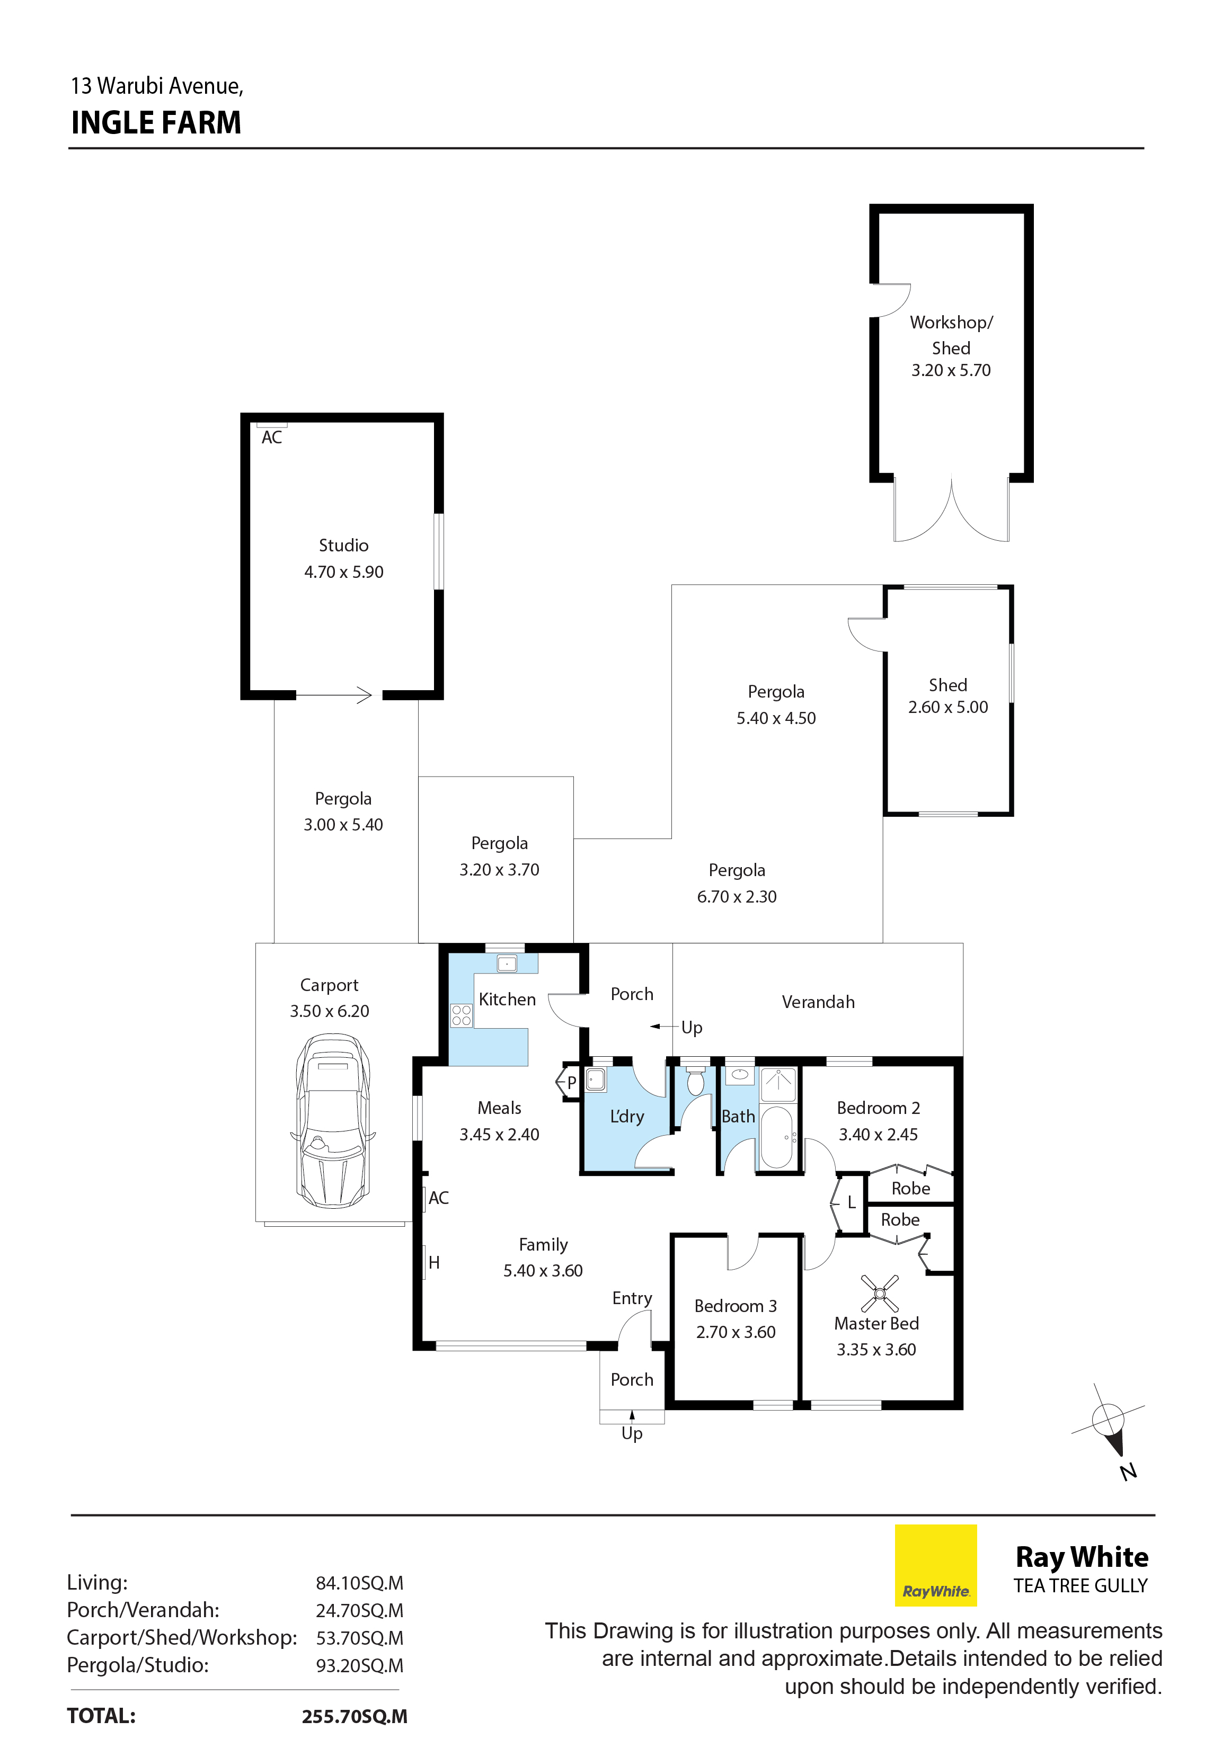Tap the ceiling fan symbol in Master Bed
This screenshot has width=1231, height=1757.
point(880,1294)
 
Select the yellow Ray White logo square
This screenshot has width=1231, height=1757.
point(935,1565)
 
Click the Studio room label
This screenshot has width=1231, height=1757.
point(344,546)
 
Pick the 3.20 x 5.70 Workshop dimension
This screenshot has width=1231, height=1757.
point(951,370)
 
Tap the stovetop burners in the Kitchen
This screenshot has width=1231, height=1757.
point(461,1015)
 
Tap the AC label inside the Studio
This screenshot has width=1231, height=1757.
point(272,438)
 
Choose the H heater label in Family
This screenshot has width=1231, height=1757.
point(434,1263)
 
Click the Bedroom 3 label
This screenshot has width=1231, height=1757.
point(736,1306)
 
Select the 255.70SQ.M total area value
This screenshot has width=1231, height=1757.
point(355,1716)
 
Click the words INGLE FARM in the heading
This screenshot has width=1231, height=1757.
point(156,122)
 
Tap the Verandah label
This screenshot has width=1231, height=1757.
point(818,1002)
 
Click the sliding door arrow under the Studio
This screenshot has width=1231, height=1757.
point(334,695)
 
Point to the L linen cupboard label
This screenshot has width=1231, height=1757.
point(851,1203)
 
